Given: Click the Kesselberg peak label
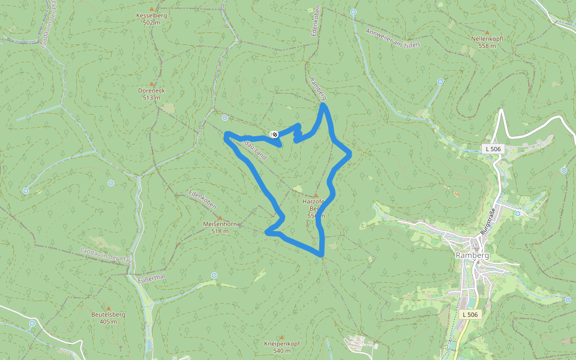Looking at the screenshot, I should [x=152, y=15].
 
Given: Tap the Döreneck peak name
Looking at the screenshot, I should [x=151, y=91].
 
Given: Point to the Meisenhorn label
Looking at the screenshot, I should [x=220, y=224].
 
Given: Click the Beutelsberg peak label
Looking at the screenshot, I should [x=108, y=314].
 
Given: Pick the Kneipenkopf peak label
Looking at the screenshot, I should [x=281, y=343].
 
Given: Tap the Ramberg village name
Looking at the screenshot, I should [x=472, y=255].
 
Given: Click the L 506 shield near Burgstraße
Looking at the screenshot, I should [x=493, y=148].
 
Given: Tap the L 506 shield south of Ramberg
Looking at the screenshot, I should [x=472, y=314].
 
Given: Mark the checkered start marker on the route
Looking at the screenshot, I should [x=274, y=134].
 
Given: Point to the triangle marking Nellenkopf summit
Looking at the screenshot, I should [x=487, y=32].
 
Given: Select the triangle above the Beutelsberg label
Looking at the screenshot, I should [x=108, y=307].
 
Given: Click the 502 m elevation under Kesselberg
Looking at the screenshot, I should [x=152, y=22].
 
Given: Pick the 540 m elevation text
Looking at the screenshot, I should [x=281, y=350].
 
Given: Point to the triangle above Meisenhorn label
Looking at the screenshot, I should [x=220, y=217].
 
